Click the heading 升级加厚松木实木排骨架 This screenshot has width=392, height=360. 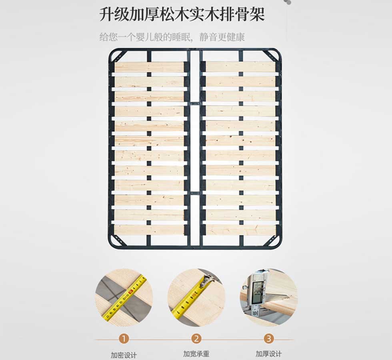point(182,14)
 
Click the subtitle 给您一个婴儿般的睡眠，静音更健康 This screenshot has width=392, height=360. point(172,37)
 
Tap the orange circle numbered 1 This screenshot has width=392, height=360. point(124,339)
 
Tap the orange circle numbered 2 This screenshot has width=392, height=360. point(196,339)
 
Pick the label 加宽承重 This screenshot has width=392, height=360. point(196,354)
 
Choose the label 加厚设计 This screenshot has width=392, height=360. point(268,354)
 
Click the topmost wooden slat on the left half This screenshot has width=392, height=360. point(149,67)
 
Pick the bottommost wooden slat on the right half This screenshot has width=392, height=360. point(241,230)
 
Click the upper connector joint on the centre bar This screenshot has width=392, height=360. point(195,103)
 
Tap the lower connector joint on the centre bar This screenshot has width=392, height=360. point(195,193)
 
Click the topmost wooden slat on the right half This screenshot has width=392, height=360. point(241,67)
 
